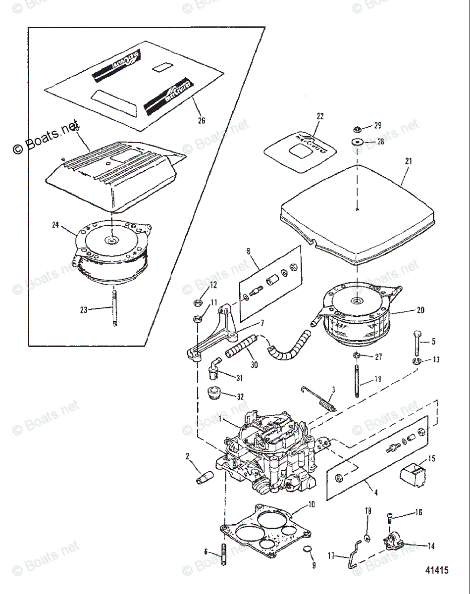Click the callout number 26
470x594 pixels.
pyautogui.click(x=201, y=120)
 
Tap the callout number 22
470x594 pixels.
pyautogui.click(x=320, y=116)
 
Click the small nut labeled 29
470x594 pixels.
pyautogui.click(x=357, y=129)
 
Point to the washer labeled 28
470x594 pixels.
pyautogui.click(x=357, y=143)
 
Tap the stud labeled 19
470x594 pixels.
pyautogui.click(x=357, y=381)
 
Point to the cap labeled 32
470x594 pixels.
pyautogui.click(x=213, y=395)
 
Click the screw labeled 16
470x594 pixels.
pyautogui.click(x=390, y=518)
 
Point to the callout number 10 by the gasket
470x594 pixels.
pyautogui.click(x=311, y=505)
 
